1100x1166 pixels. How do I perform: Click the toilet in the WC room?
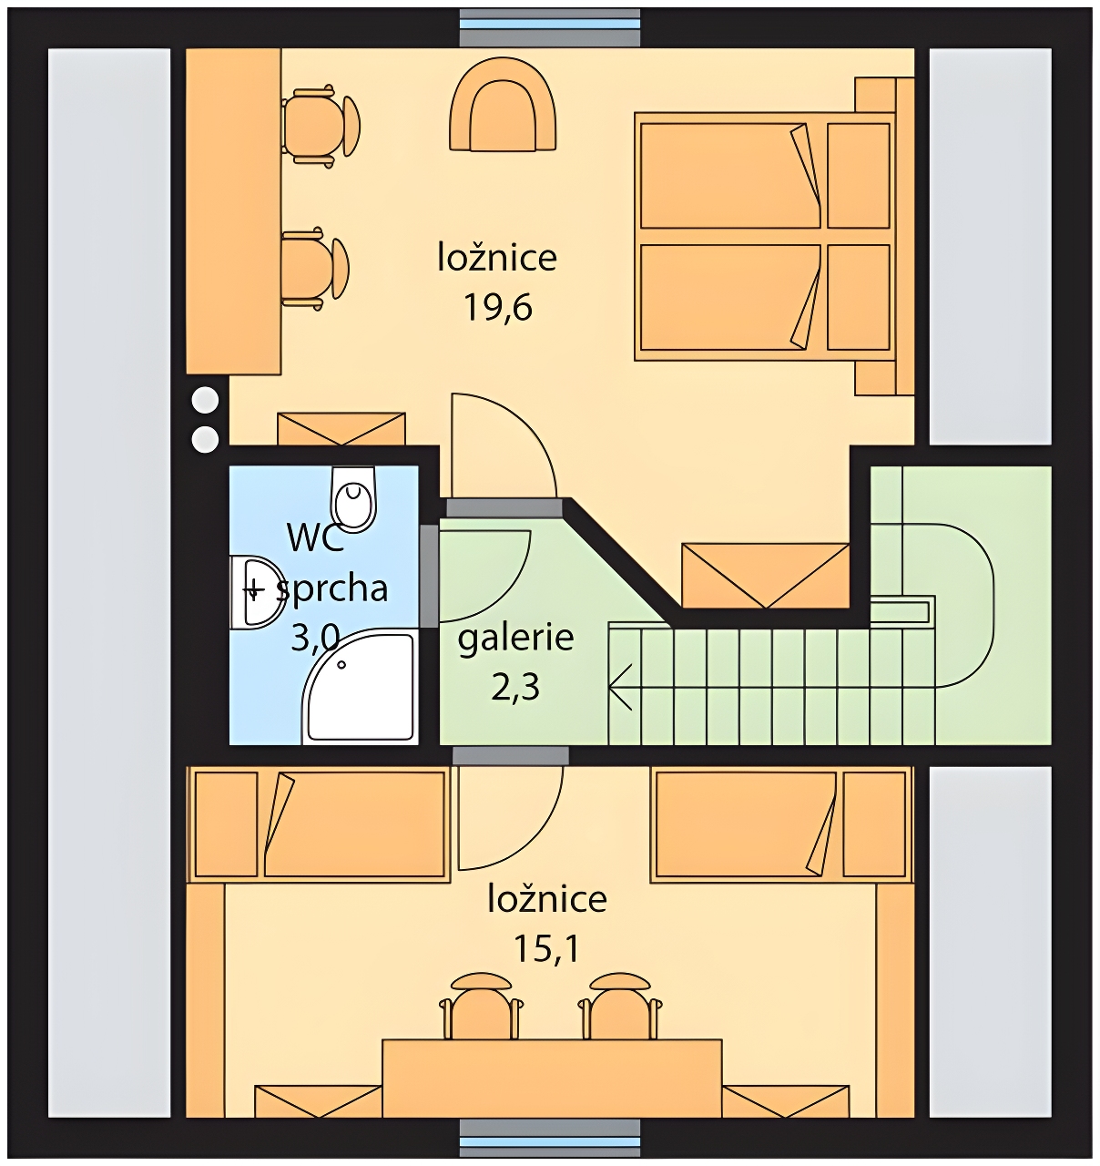352,499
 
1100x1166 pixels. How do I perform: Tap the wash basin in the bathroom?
255,592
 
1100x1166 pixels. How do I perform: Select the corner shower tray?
360,686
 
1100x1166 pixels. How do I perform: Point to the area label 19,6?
498,307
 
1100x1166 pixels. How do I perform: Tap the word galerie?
515,639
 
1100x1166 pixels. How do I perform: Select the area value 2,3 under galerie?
515,688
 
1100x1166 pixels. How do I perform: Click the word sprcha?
332,588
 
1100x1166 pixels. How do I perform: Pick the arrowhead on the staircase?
620,686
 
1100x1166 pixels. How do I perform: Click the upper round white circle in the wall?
206,401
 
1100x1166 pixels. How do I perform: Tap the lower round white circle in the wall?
206,439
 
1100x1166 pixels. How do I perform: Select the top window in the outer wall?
549,27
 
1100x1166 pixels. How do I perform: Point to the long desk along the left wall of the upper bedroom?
234,210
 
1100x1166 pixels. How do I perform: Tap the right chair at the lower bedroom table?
620,1007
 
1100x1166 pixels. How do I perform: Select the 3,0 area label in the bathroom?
315,639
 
